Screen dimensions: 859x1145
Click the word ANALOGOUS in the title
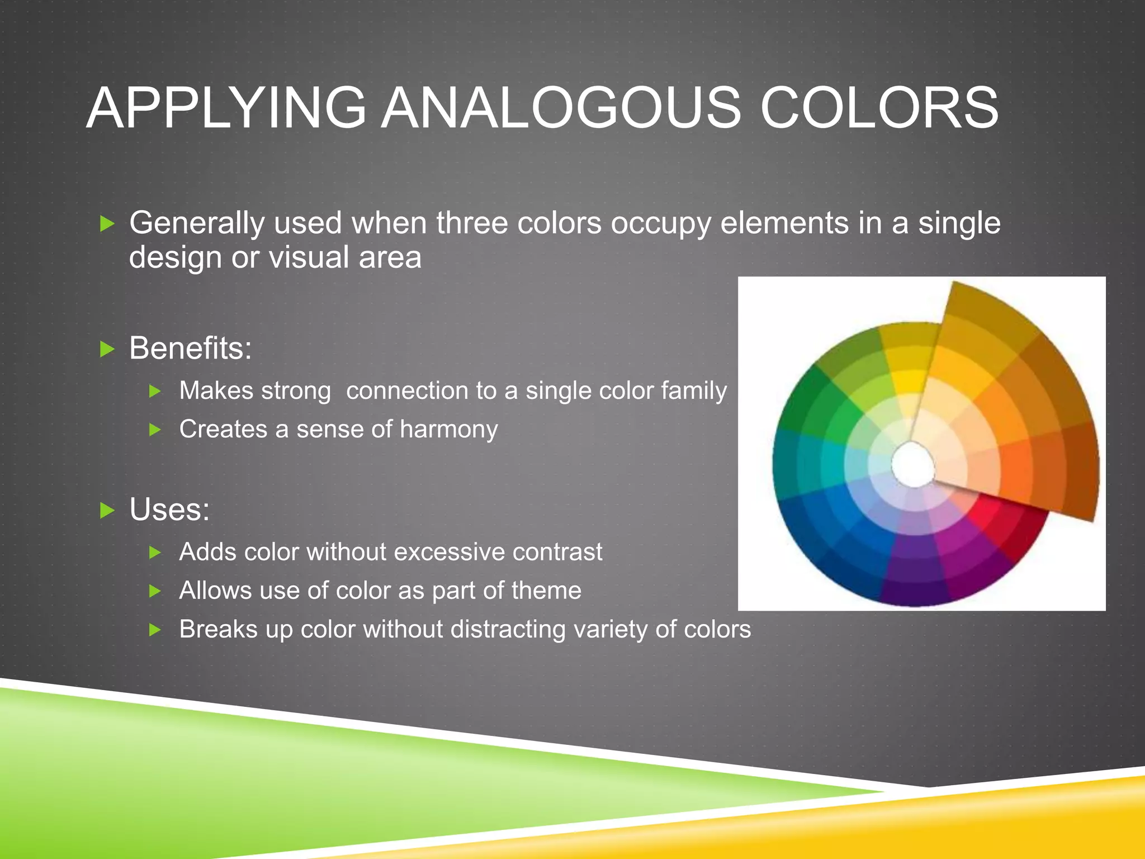click(x=561, y=108)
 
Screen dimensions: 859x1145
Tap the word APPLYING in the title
click(x=226, y=108)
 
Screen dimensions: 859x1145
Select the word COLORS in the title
click(x=879, y=108)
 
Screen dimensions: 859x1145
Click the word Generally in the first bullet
click(x=196, y=224)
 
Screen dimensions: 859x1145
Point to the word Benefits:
click(x=191, y=348)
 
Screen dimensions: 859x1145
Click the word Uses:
click(x=169, y=509)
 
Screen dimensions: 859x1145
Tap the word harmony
click(x=449, y=429)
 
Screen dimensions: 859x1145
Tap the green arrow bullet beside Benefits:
click(x=107, y=350)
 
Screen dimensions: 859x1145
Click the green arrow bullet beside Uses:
click(x=107, y=510)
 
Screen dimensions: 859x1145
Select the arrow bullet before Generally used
click(x=107, y=224)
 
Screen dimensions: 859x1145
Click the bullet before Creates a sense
click(x=155, y=429)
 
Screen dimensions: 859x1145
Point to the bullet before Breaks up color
click(x=155, y=630)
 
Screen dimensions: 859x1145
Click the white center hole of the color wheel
click(x=912, y=464)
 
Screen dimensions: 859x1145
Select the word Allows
click(x=216, y=591)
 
